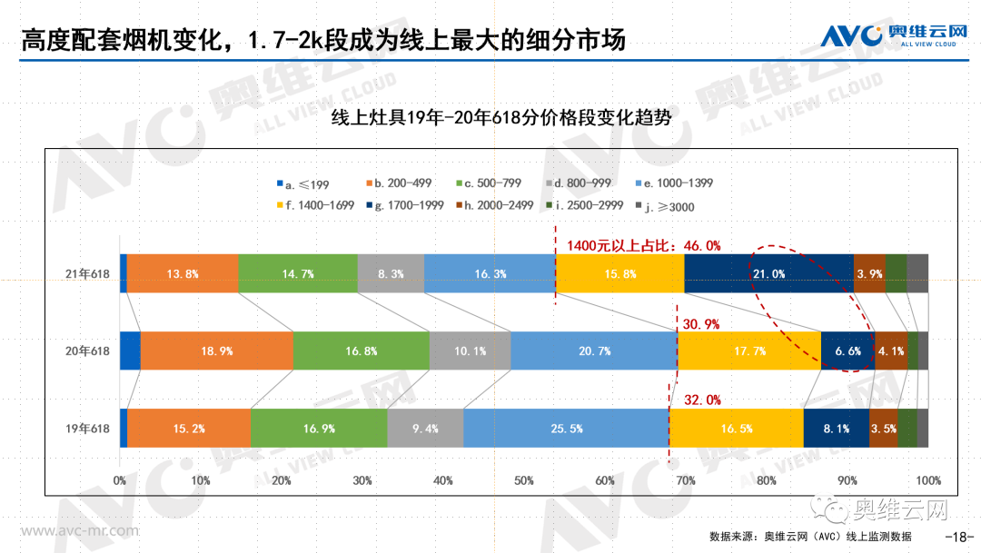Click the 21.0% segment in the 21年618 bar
pyautogui.click(x=768, y=273)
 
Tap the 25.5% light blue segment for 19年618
pyautogui.click(x=565, y=428)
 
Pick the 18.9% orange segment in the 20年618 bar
pyautogui.click(x=216, y=351)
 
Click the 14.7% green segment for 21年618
pyautogui.click(x=297, y=273)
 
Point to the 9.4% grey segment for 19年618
pyautogui.click(x=425, y=428)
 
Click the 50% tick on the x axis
pyautogui.click(x=523, y=479)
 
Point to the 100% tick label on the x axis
pyautogui.click(x=926, y=479)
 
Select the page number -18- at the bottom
pyautogui.click(x=959, y=535)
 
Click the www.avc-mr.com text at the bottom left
pyautogui.click(x=80, y=530)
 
